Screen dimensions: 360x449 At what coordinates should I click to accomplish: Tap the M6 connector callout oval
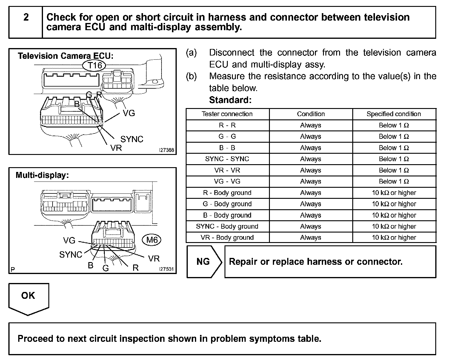point(152,240)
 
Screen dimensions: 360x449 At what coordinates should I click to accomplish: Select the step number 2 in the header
point(26,17)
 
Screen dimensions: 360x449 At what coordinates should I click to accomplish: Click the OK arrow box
point(28,297)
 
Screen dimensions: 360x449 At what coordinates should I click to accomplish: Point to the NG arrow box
point(204,262)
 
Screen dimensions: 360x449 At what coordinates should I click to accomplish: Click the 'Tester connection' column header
point(227,114)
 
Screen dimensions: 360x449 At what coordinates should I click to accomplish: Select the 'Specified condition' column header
point(394,114)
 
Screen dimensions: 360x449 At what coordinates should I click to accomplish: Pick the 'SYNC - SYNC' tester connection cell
point(227,159)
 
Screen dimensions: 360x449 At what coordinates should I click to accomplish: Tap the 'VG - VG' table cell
point(227,181)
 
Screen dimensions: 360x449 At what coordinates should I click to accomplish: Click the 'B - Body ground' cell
point(227,215)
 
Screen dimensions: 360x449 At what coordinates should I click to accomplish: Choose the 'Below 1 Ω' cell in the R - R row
point(394,125)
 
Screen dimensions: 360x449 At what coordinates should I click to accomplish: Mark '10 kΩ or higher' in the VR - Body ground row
point(394,238)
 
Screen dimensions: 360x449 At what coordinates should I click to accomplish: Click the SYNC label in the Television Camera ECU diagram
point(132,139)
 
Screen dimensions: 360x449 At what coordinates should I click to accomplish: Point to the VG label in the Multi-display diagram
point(69,241)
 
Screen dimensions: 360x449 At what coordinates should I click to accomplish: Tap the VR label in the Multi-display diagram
point(154,259)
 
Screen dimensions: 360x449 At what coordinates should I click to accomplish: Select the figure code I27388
point(166,150)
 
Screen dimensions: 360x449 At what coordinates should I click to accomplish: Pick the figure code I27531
point(166,269)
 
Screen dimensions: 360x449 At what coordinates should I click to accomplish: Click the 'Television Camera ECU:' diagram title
point(66,56)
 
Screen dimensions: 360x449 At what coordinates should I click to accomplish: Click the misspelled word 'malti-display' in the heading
point(161,27)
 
